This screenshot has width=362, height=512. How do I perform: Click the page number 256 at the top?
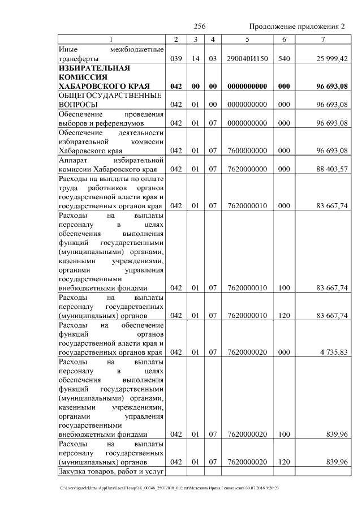(199, 27)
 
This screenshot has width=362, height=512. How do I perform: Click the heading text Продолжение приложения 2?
(297, 27)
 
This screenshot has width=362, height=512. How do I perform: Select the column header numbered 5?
(247, 39)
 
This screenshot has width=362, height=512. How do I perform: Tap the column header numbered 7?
(322, 39)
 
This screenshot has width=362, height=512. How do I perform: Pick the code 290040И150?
(247, 58)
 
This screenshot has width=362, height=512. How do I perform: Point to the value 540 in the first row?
(284, 58)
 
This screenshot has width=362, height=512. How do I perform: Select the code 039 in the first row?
(176, 58)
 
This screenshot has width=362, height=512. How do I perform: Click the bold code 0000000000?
(247, 86)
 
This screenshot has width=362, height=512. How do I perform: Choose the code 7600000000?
(247, 150)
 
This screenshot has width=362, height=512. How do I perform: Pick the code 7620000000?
(247, 169)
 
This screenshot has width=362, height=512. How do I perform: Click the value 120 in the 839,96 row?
(284, 462)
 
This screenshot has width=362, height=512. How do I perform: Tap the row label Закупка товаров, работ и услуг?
(111, 471)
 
